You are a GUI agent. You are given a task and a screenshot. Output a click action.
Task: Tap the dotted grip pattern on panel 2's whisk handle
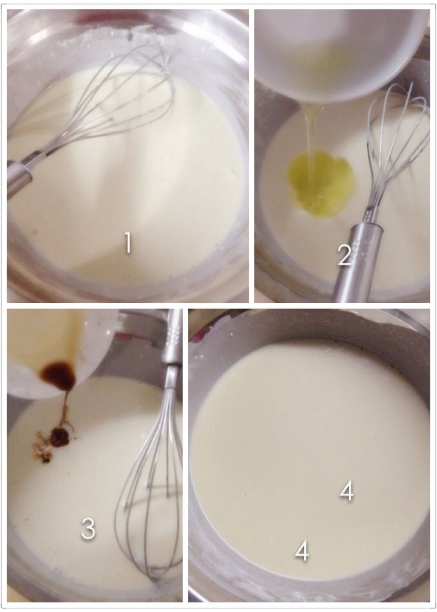(355, 248)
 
